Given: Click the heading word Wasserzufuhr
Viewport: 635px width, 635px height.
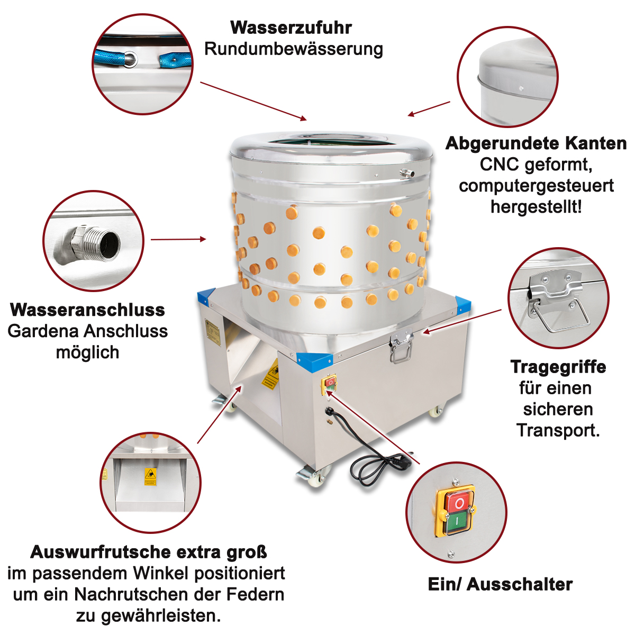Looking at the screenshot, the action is [291, 28].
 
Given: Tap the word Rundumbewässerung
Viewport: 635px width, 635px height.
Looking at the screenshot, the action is [294, 49].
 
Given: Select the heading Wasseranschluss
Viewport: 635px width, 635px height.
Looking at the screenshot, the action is [87, 310].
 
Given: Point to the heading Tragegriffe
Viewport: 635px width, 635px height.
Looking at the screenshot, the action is [558, 367].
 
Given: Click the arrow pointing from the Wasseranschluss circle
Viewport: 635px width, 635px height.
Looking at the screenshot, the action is [178, 239].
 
